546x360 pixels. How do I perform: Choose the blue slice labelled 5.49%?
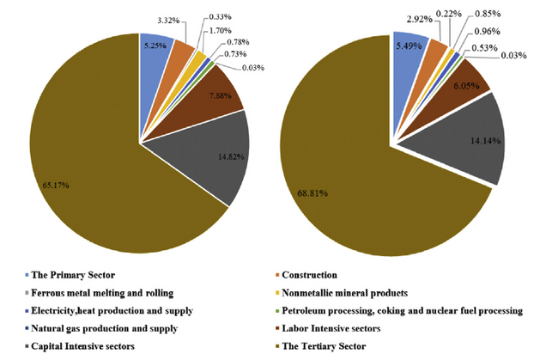410,50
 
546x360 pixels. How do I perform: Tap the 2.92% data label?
421,17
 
